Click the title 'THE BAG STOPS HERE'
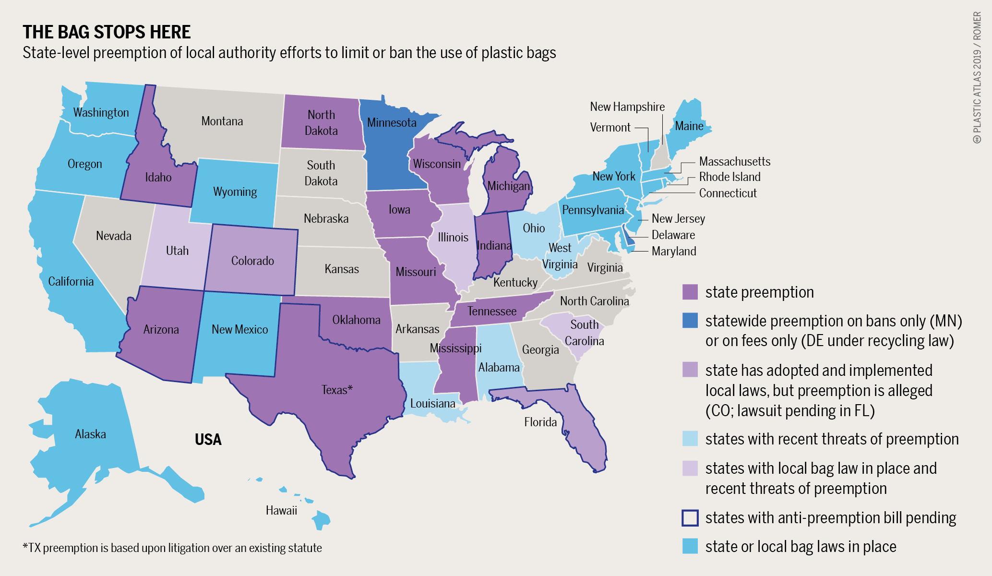point(107,32)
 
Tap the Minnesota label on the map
point(392,123)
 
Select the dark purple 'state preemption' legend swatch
point(690,292)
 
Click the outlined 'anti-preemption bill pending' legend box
point(690,518)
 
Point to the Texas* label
point(336,390)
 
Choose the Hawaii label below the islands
point(281,510)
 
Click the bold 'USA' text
point(208,440)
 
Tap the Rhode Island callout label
point(729,177)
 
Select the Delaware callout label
point(673,235)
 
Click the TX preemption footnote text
point(172,548)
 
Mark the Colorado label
point(252,261)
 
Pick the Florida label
point(540,422)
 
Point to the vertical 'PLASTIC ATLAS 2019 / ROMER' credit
point(977,77)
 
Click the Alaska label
point(90,434)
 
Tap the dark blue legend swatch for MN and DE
point(690,321)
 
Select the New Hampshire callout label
point(627,107)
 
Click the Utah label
point(177,251)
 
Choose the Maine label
point(689,126)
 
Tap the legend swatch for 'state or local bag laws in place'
point(690,546)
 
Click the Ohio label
point(534,228)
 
